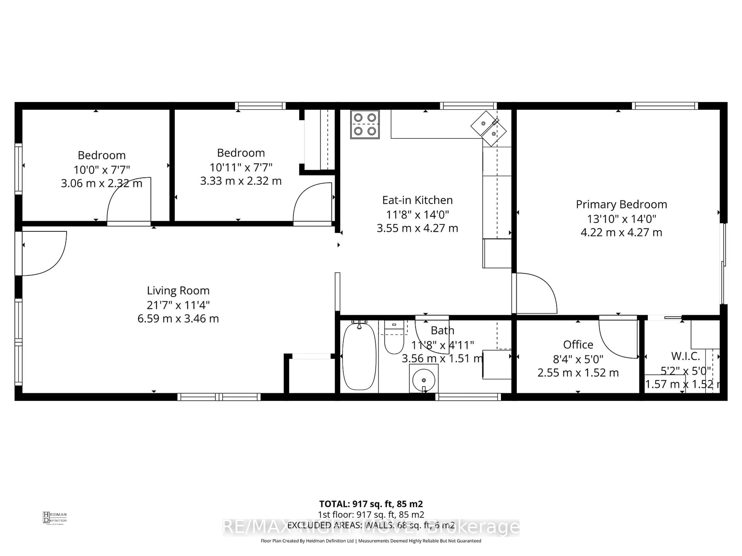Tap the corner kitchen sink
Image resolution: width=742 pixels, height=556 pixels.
coord(488,129)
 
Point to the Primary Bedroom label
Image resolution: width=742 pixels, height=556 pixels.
coord(621,204)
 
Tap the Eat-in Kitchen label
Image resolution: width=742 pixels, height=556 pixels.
coord(417,200)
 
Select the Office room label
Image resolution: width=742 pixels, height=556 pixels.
coord(578,345)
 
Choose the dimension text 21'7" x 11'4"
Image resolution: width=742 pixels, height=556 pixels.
coord(178,305)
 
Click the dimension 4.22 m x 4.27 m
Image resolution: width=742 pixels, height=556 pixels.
coord(621,232)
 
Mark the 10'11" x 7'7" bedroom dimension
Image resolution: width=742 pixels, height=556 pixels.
coord(241,167)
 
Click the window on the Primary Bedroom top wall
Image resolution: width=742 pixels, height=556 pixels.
coord(665,106)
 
